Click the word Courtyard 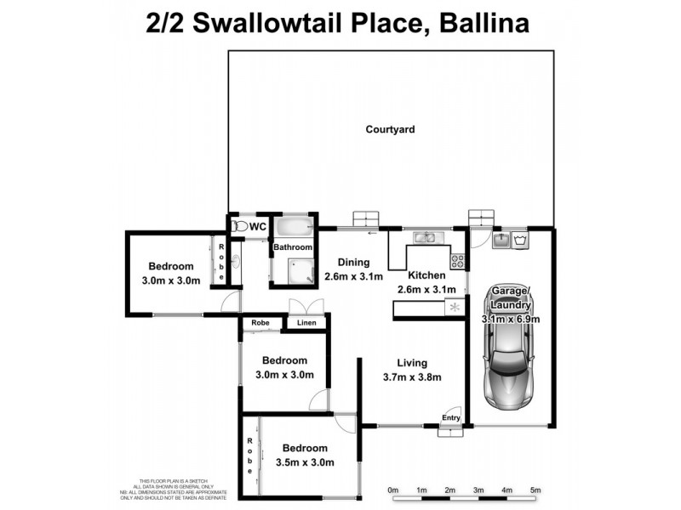[390, 130]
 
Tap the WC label [259, 227]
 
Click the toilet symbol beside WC [239, 227]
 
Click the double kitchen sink [423, 237]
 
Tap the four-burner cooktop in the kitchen [457, 260]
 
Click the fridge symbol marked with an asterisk [455, 307]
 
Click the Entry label [451, 417]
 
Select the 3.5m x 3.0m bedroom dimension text [304, 462]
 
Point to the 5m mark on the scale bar [535, 490]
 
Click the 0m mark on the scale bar [393, 490]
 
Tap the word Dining [352, 262]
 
